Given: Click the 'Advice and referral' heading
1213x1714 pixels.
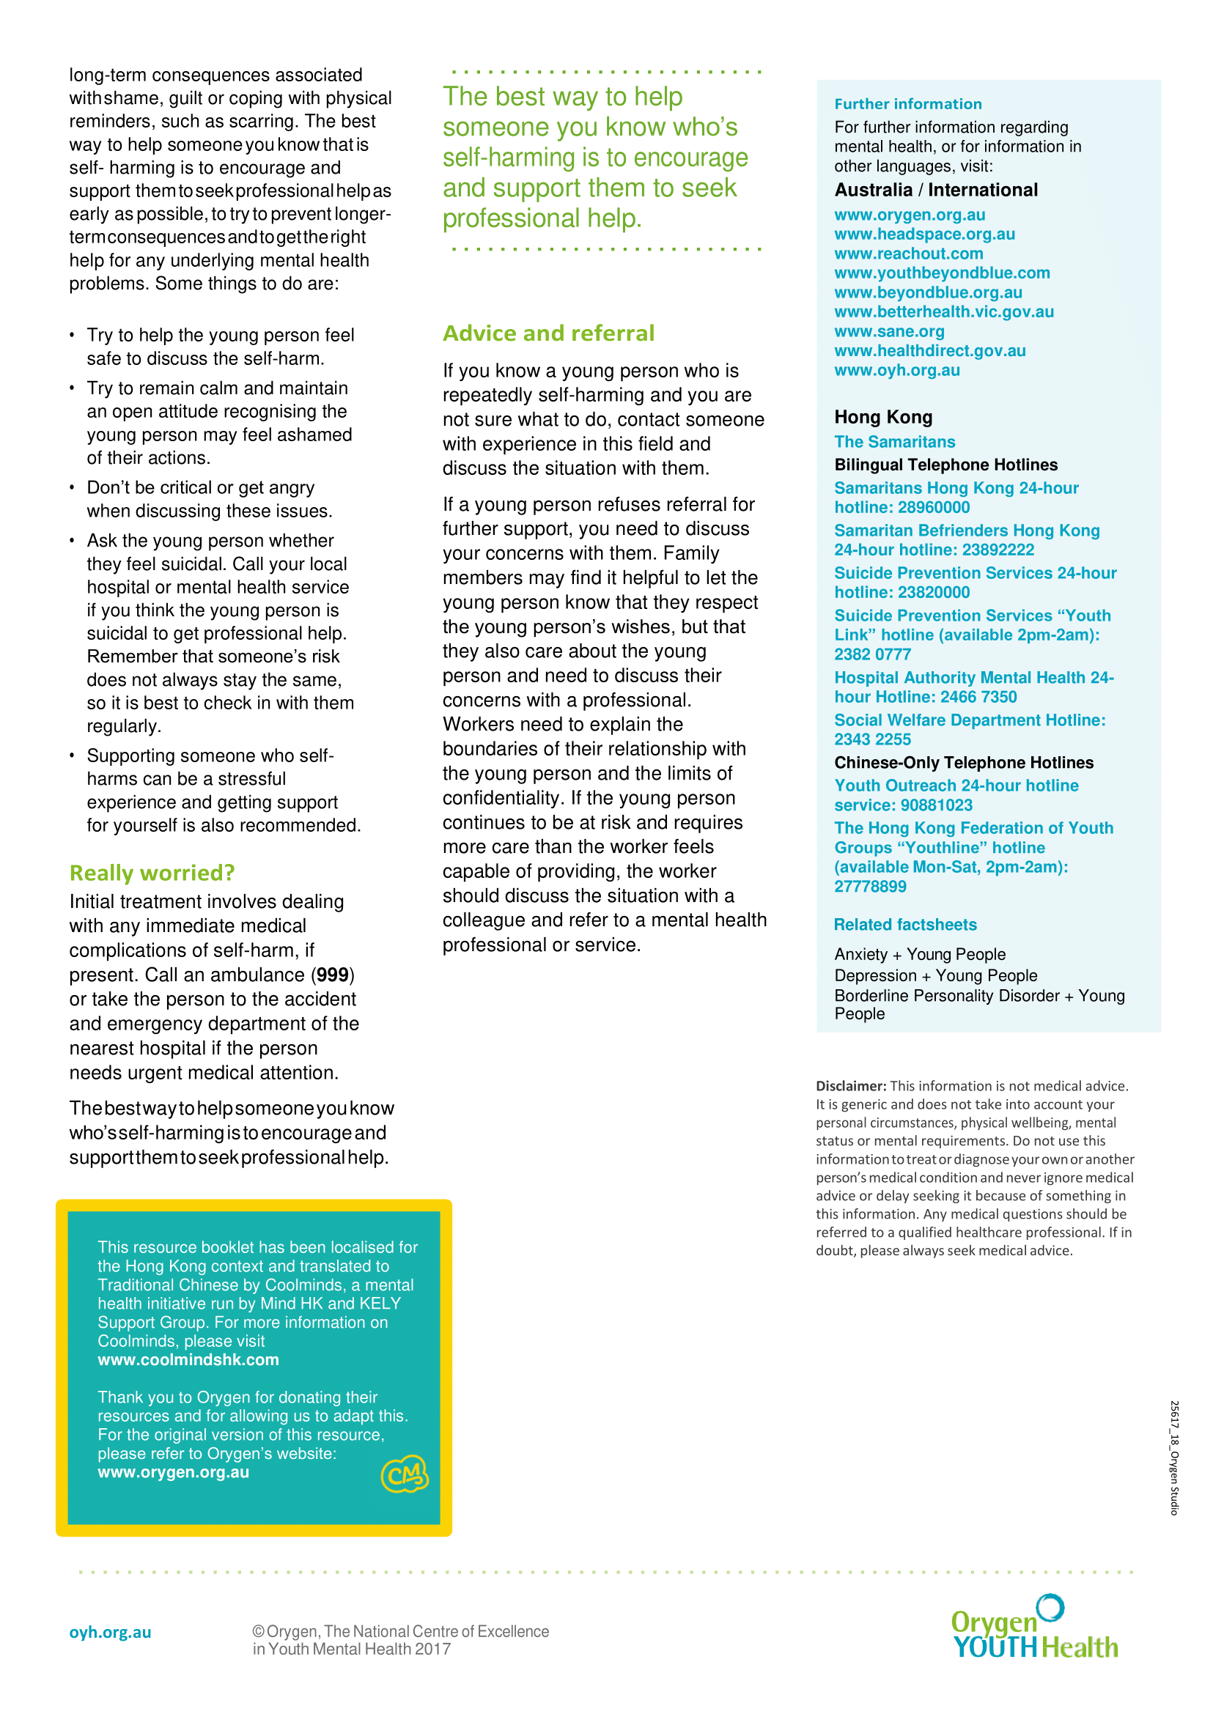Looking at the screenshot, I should [x=548, y=333].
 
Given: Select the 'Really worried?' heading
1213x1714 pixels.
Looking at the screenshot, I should [x=152, y=872].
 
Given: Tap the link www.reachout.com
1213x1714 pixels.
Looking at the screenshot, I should [x=908, y=254].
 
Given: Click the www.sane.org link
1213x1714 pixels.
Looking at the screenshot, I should [x=889, y=332].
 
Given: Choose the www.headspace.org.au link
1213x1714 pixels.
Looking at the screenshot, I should [x=924, y=234].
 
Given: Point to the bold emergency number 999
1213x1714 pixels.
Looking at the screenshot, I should [x=332, y=975].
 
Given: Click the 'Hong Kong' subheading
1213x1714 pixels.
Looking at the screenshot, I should [x=883, y=417].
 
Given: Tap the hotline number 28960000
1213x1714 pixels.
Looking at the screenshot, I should [x=934, y=508].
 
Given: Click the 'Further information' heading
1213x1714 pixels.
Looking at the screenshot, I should [x=907, y=105].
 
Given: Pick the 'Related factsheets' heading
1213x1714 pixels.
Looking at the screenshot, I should [x=904, y=925].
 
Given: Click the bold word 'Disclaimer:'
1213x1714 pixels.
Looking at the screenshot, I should [x=850, y=1086].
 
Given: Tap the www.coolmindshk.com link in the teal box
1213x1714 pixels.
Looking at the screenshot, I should [x=188, y=1360].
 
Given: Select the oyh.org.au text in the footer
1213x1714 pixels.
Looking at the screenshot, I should [x=110, y=1633].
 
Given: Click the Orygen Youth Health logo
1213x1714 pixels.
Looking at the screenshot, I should [x=1034, y=1629].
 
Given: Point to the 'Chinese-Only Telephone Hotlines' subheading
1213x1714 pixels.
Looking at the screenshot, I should [x=964, y=763].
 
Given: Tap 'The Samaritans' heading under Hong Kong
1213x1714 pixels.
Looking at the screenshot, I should [x=894, y=442].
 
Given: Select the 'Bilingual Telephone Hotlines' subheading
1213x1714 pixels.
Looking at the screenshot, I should [x=945, y=465].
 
